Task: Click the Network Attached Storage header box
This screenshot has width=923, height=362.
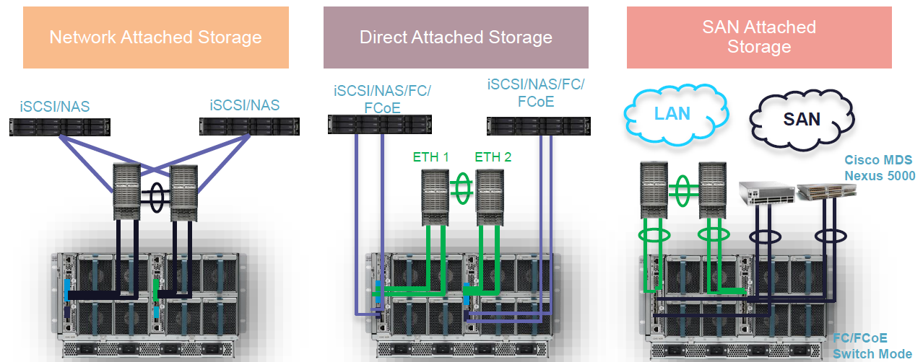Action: click(155, 37)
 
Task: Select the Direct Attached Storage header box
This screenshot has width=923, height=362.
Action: click(456, 37)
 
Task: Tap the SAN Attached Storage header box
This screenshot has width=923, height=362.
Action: click(758, 37)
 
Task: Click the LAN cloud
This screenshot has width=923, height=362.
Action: click(672, 114)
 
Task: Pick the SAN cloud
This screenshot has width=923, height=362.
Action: click(802, 118)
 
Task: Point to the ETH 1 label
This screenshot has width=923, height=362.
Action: click(432, 156)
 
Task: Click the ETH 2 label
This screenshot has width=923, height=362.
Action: click(494, 156)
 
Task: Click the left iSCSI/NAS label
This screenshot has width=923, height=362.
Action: click(56, 107)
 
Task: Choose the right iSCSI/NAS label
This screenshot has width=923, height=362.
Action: click(244, 105)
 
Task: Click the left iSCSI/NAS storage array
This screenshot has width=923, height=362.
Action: click(60, 128)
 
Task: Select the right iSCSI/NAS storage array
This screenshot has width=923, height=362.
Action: click(249, 127)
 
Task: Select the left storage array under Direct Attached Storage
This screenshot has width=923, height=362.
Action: click(378, 124)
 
